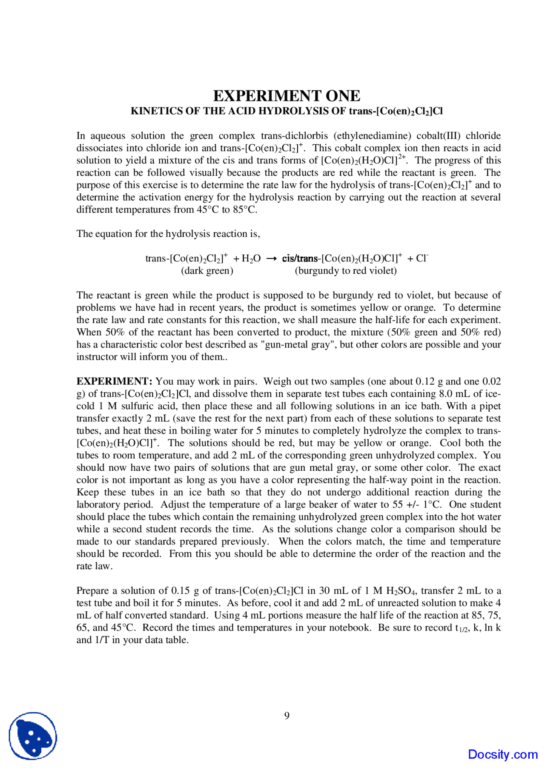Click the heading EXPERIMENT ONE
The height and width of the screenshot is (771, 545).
pos(287,96)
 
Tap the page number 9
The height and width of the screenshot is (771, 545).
pos(287,716)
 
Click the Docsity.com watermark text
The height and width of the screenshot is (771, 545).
pos(502,754)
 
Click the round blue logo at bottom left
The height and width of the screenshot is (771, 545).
pos(33,736)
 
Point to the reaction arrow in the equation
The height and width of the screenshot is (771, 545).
pos(272,258)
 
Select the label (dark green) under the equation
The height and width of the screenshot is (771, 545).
pos(207,271)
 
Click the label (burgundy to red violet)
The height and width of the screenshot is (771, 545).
pos(345,271)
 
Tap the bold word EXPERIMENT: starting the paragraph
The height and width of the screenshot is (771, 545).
pos(114,381)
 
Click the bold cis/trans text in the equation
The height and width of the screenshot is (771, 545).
pos(300,258)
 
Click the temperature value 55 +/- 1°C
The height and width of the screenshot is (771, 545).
pos(417,505)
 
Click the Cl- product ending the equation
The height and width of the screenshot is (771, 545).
pos(422,258)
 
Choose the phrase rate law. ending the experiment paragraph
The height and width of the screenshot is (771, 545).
pos(95,566)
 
